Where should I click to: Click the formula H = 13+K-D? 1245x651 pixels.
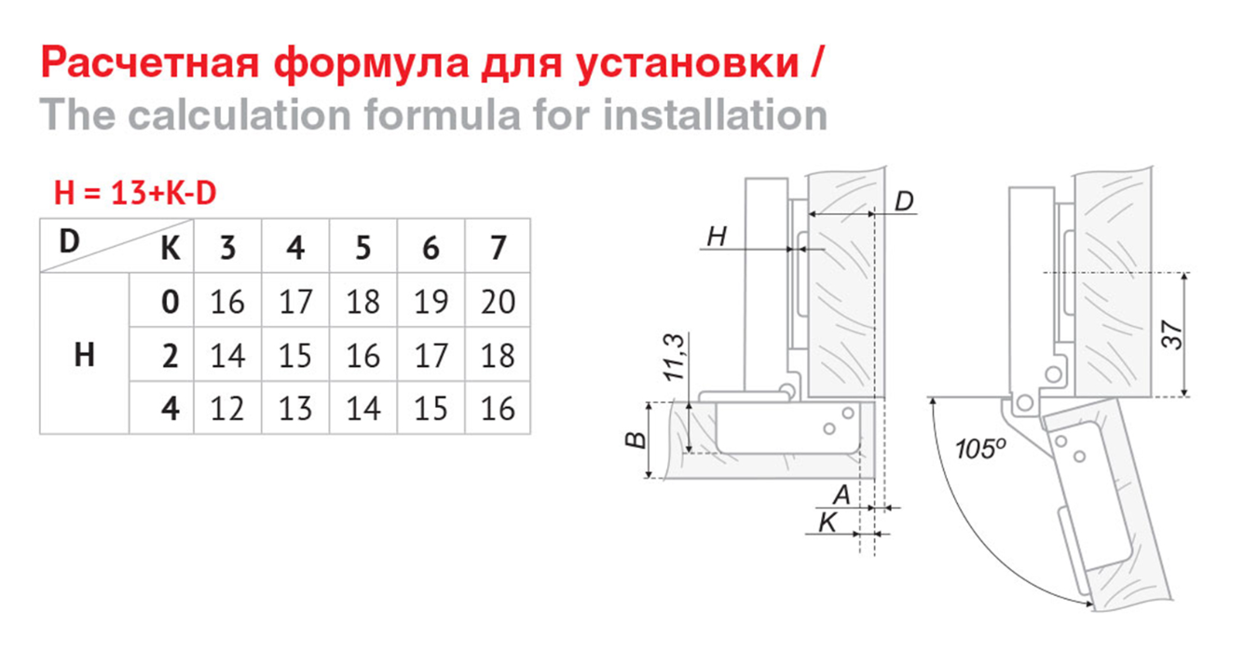coord(135,194)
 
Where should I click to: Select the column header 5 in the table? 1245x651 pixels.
coord(363,248)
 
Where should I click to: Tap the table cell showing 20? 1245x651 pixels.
coord(498,302)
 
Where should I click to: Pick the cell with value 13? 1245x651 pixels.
coord(295,408)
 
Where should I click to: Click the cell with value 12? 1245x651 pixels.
coord(227,408)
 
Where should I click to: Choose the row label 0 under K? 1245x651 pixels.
coord(170,302)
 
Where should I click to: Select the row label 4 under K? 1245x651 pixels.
coord(170,408)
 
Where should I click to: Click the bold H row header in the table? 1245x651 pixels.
coord(84,355)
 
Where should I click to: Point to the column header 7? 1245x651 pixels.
coord(498,248)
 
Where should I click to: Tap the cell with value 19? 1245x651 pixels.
coord(430,302)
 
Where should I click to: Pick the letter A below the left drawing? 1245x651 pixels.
coord(841,495)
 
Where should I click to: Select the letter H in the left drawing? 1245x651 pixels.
coord(716,237)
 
